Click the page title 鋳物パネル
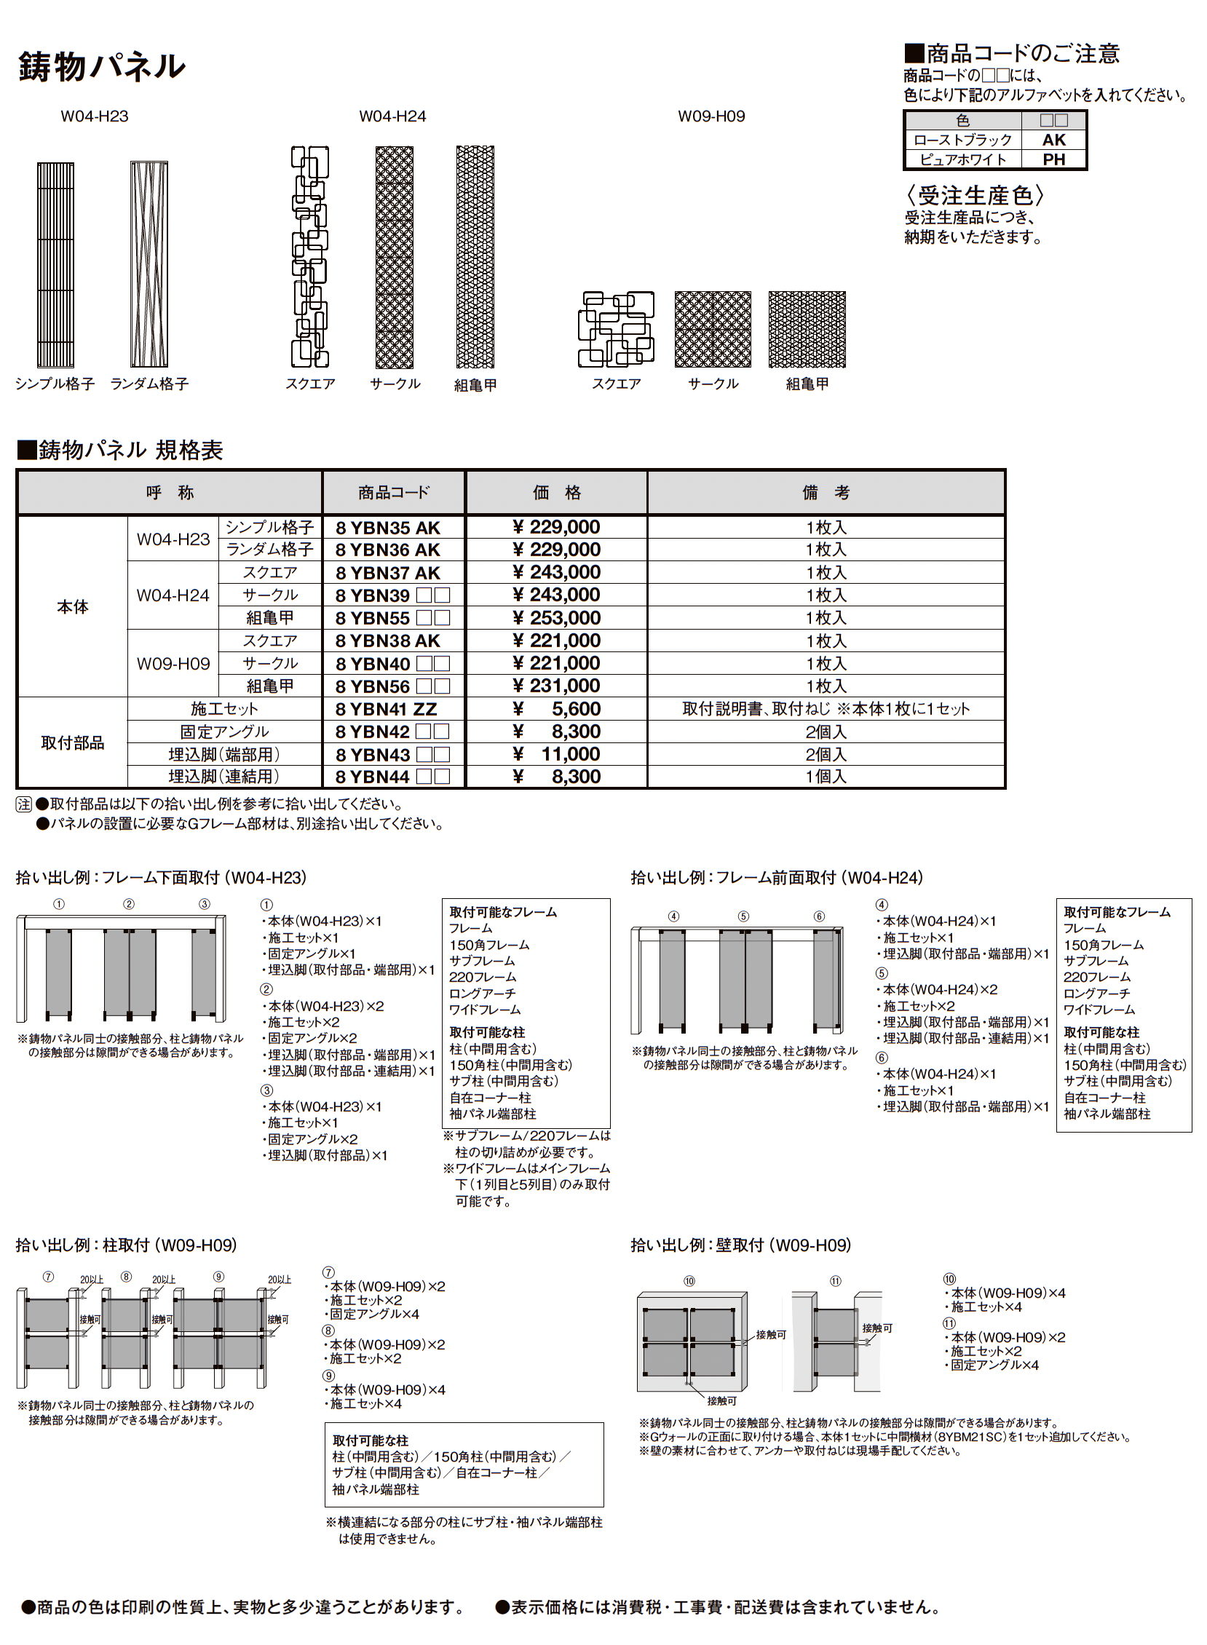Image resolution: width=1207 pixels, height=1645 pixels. coord(102,67)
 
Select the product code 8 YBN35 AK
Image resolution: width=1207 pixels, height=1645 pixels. coord(387,528)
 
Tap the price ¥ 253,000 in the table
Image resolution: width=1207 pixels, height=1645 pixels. coord(556,618)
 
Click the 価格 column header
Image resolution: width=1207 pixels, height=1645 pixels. coord(556,493)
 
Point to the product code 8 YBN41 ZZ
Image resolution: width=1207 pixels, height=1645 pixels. coord(386,709)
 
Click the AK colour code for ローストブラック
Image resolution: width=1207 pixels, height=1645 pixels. coord(1053,140)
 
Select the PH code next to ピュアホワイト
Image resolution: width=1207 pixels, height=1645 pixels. coord(1053,159)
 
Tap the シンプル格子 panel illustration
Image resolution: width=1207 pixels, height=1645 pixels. coord(55,264)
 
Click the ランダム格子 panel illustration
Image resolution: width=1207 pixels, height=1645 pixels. coord(149,264)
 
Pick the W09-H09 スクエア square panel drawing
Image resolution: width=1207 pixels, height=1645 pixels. coord(616,329)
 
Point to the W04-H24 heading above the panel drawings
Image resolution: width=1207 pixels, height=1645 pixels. coord(392,117)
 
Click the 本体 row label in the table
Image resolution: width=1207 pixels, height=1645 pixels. coord(72,607)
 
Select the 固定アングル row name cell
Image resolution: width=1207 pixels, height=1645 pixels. coord(224,732)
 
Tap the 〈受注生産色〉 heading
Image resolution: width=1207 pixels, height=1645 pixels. coord(975,196)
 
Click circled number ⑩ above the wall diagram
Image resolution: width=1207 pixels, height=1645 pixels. coord(689,1281)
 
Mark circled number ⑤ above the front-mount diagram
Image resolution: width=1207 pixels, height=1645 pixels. coord(743,916)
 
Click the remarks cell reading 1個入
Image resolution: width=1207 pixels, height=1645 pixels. coord(826,777)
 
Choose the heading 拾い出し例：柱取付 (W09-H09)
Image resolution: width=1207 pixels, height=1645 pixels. coord(127,1245)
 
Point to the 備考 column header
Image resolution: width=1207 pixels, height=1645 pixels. coord(826,493)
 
